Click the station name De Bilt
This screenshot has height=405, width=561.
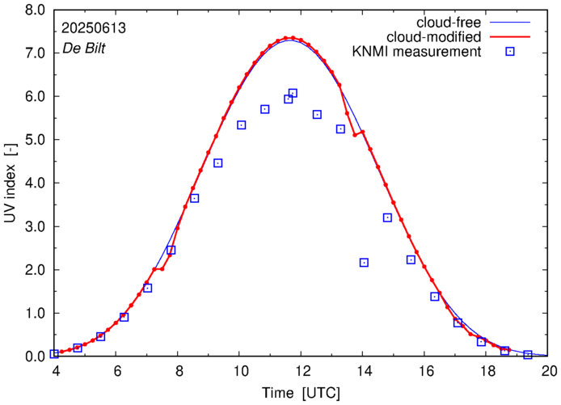[83, 49]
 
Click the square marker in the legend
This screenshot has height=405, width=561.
[510, 53]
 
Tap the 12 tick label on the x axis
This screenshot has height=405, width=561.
[302, 371]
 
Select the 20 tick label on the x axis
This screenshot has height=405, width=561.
[549, 371]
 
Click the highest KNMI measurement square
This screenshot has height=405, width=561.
[293, 93]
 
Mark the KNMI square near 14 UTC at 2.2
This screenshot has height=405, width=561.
[364, 263]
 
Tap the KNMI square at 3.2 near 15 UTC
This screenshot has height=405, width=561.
[387, 217]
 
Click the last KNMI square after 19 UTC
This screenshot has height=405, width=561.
[528, 355]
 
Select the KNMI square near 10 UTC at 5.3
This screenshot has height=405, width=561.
[242, 125]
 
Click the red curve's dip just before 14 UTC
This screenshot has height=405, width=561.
[355, 135]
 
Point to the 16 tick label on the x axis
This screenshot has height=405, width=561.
[425, 371]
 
